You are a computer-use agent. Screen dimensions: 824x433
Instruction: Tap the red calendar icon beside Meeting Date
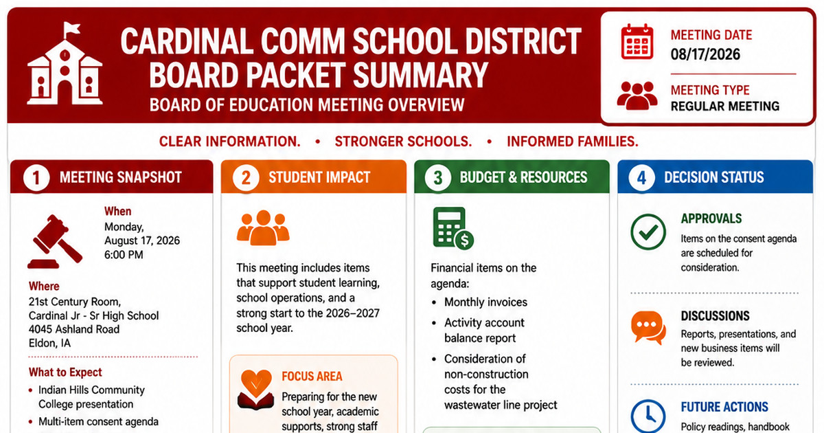click(x=637, y=42)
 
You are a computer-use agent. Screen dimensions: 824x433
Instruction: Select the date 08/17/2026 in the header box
click(x=705, y=54)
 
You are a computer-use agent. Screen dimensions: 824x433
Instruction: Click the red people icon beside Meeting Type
click(x=637, y=96)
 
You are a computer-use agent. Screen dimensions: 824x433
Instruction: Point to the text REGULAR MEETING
click(x=724, y=107)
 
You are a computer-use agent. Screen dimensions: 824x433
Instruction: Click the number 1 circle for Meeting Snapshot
click(x=36, y=177)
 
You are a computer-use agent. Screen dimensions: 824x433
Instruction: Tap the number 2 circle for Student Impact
click(x=246, y=177)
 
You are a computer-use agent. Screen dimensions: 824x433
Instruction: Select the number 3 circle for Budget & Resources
click(x=438, y=177)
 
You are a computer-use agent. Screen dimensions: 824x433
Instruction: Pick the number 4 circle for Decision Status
click(x=641, y=177)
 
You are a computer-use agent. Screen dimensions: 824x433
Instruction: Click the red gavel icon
click(x=55, y=241)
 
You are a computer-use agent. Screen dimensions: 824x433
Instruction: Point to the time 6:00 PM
click(x=124, y=255)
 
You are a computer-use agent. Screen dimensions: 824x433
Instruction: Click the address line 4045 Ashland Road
click(x=74, y=329)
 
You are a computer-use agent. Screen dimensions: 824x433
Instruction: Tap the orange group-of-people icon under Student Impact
click(x=263, y=227)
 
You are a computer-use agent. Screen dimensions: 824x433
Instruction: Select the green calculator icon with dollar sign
click(x=453, y=228)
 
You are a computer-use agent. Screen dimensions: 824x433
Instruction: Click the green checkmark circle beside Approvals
click(x=648, y=232)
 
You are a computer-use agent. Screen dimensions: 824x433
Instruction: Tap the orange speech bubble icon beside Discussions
click(x=648, y=327)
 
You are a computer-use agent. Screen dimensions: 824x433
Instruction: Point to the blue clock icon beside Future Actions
click(x=648, y=416)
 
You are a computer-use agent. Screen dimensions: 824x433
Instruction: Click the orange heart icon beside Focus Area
click(x=256, y=390)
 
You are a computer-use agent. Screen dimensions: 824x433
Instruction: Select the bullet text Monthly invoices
click(x=485, y=302)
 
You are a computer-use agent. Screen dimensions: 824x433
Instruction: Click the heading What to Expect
click(x=65, y=373)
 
